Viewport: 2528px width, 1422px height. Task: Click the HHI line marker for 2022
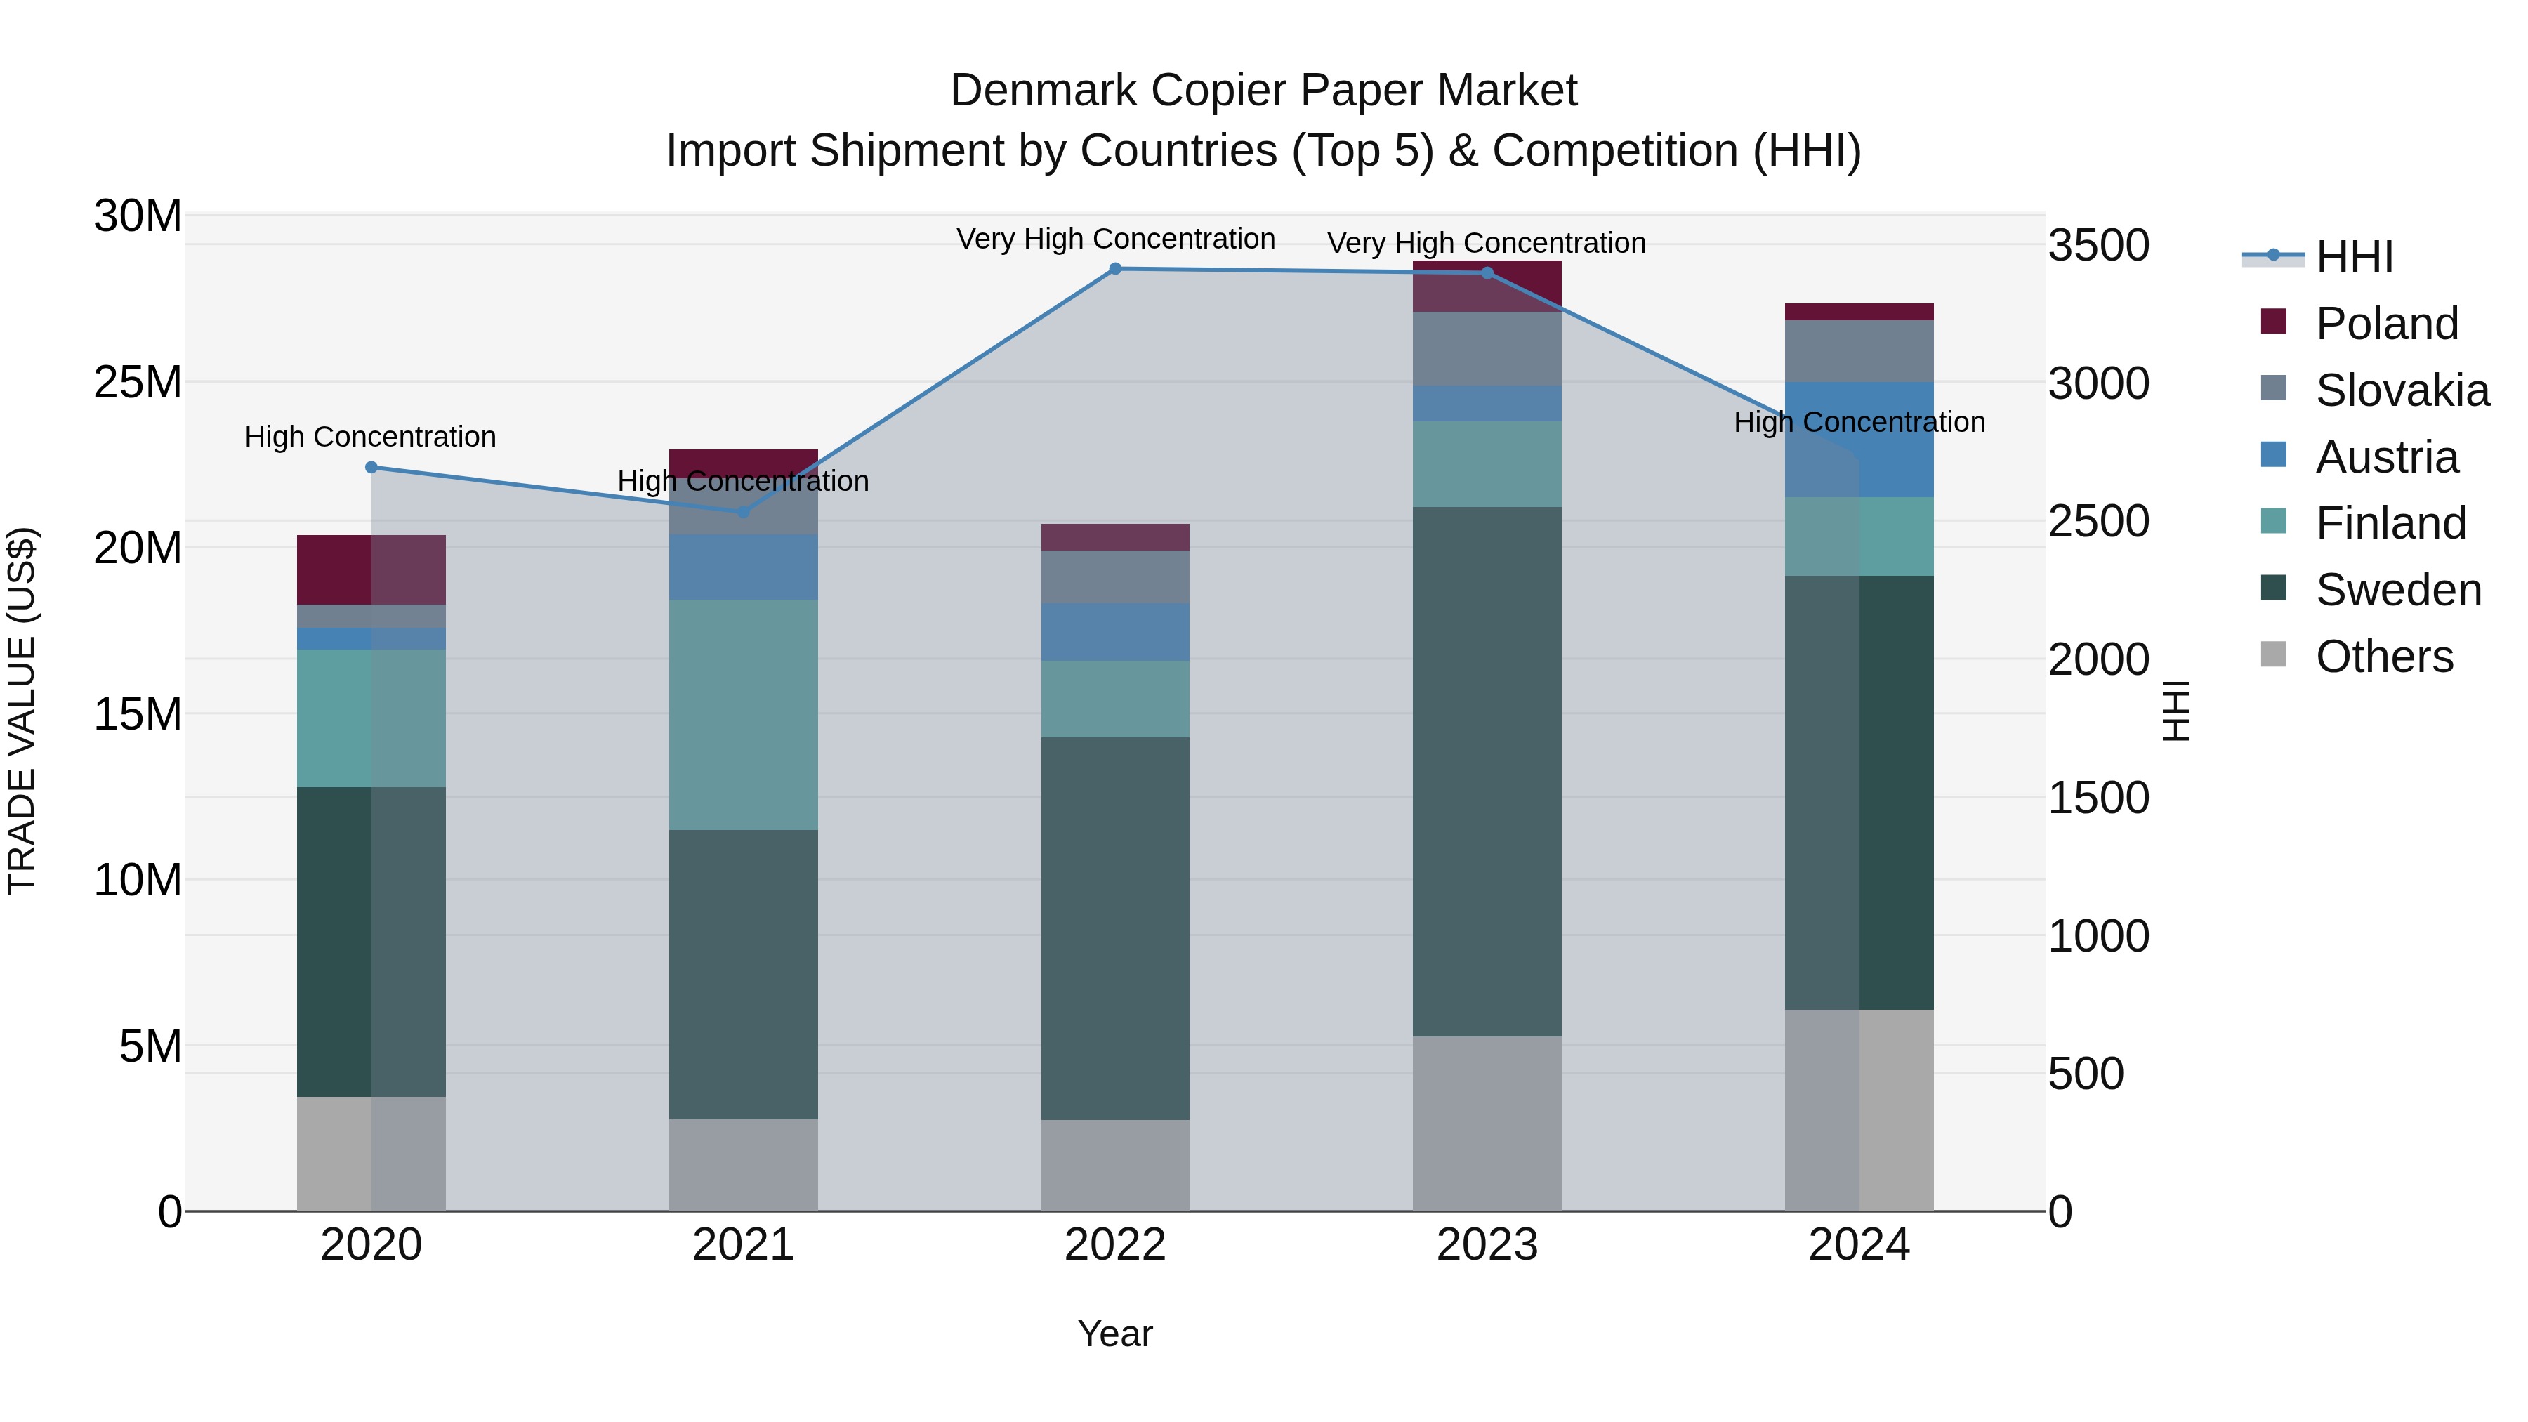1115,269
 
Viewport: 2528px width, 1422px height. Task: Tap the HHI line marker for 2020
371,467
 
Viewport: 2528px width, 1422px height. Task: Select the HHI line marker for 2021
743,511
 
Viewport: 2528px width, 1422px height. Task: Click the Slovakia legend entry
2402,390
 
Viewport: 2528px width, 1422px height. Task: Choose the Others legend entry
2384,656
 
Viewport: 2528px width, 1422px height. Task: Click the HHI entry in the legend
2353,257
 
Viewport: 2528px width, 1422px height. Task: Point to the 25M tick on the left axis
138,382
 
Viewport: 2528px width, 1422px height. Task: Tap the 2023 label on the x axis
1487,1244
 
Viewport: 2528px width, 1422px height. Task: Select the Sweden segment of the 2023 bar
1487,770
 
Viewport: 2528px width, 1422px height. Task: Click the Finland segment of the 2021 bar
743,714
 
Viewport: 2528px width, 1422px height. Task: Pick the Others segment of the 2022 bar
1115,1165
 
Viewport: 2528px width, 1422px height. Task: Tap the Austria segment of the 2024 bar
1859,440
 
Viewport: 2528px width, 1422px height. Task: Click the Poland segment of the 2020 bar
371,570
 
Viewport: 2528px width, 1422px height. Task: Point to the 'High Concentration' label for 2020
370,437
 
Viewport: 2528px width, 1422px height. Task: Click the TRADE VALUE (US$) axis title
22,711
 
